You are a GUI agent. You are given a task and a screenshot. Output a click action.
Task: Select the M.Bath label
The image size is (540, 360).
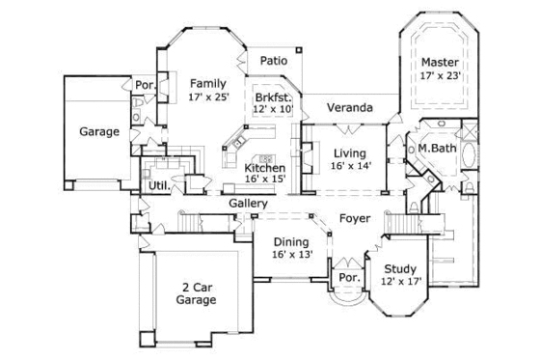tap(436, 148)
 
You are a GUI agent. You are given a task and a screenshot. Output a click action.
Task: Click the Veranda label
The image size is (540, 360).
tap(348, 107)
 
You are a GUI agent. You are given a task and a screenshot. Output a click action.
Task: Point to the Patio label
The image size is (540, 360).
tap(274, 61)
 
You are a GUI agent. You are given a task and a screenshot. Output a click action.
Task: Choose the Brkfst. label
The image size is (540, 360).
tap(274, 97)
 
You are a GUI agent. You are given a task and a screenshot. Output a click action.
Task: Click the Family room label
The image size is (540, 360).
tap(206, 83)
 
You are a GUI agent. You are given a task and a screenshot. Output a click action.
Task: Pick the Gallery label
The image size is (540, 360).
tap(248, 204)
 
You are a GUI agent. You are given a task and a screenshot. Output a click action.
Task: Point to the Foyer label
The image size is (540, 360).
tap(353, 219)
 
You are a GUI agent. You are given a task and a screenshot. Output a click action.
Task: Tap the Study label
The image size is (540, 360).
tap(398, 269)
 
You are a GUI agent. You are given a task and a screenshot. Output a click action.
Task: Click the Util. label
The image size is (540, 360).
tap(158, 184)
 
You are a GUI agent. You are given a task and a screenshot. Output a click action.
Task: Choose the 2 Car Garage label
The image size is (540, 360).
tap(196, 292)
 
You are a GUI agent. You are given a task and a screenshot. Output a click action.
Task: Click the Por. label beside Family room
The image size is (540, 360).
tap(146, 84)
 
